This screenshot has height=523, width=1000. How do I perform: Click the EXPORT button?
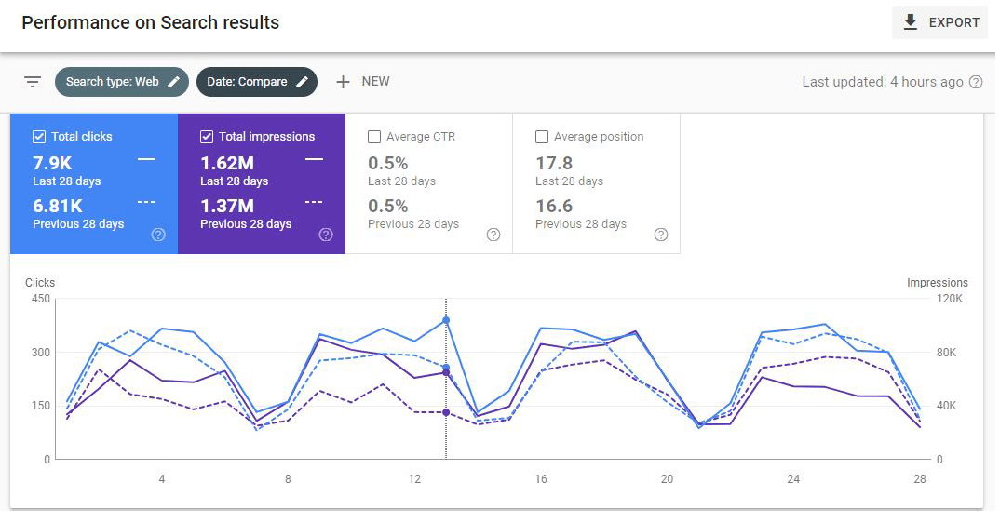[940, 22]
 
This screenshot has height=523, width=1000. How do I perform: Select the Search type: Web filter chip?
[122, 82]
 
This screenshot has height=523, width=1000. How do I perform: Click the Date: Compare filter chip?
[257, 82]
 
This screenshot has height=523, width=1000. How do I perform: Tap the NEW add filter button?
[362, 82]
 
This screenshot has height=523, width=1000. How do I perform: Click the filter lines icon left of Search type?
[33, 82]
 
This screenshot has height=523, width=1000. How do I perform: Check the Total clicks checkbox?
[39, 137]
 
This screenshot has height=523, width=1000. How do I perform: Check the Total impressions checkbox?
[207, 137]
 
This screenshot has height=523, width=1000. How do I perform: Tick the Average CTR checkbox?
[374, 137]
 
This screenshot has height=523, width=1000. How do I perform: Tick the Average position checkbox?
[542, 137]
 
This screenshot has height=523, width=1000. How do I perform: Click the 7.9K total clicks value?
[52, 164]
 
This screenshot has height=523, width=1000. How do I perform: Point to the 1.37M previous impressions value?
[227, 207]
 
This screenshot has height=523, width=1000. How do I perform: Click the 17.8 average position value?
[554, 164]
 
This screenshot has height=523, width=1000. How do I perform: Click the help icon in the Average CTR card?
[493, 235]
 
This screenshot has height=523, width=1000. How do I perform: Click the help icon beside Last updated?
[976, 82]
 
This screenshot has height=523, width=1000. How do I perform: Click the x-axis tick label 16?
[541, 479]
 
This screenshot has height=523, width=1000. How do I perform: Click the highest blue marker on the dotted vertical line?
[446, 320]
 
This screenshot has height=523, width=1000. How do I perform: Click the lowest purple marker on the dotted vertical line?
[446, 412]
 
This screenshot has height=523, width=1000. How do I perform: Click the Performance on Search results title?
[151, 22]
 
